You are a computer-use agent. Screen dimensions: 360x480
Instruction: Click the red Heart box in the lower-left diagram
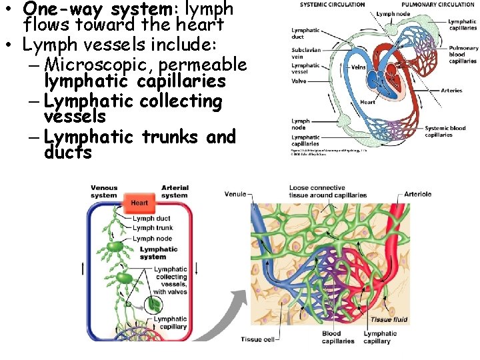(x=139, y=203)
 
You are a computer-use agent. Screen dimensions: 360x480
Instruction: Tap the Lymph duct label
(x=151, y=219)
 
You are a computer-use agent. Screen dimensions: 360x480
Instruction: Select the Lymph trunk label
(x=153, y=229)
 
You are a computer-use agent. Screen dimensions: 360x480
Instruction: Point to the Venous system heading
(x=105, y=191)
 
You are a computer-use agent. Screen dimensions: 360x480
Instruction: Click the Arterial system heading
(x=174, y=191)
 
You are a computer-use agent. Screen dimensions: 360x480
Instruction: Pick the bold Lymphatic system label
(x=159, y=253)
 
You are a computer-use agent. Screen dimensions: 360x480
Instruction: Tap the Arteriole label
(x=418, y=195)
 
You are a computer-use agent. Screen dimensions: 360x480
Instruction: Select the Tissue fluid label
(x=390, y=320)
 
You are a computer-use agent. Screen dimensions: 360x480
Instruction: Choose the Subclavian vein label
(x=305, y=52)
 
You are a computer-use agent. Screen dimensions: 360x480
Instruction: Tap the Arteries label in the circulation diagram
(x=451, y=91)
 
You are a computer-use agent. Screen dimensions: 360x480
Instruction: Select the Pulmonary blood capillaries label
(x=463, y=55)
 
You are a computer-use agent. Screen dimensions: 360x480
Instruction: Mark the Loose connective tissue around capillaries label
(x=327, y=191)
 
